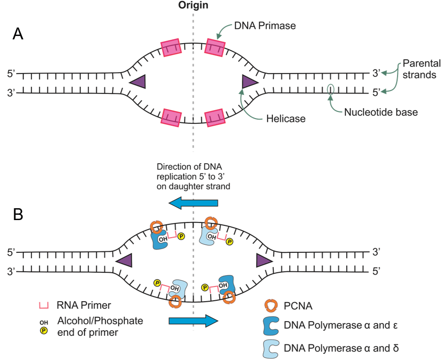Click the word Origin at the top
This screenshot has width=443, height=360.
(x=193, y=6)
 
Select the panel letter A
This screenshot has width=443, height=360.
(x=18, y=34)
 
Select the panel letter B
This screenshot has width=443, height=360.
(x=18, y=214)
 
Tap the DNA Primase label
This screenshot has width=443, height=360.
(x=265, y=26)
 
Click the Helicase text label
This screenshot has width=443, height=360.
(x=286, y=119)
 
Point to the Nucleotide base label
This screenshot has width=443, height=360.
(x=381, y=112)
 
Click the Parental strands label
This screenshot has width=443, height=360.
(x=419, y=69)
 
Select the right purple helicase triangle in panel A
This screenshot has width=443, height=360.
(x=249, y=82)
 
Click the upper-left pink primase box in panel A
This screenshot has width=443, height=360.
(x=171, y=48)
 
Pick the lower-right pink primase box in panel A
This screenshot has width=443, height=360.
(x=215, y=117)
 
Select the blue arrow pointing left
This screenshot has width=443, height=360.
(x=194, y=203)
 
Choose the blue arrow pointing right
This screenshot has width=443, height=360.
(x=193, y=321)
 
